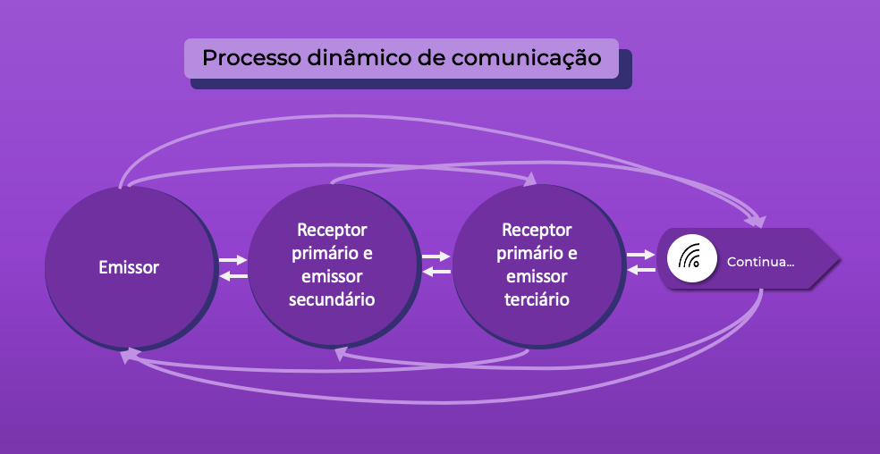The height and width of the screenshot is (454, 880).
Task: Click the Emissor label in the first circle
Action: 129,267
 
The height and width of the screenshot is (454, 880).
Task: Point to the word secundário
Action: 332,298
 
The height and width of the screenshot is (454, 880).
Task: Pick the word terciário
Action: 537,298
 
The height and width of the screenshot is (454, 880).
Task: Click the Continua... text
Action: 761,263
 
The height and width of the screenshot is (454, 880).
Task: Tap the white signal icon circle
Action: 690,259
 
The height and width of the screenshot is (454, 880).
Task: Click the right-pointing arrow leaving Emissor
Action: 233,260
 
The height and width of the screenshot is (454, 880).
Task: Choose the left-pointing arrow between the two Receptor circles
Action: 436,272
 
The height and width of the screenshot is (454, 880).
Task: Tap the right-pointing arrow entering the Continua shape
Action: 641,256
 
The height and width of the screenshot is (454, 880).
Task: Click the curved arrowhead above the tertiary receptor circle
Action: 530,180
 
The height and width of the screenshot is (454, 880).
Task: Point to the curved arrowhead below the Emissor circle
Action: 129,356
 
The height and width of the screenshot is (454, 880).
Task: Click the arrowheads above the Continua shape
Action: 757,220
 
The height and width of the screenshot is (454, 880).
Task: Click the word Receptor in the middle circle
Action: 332,230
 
